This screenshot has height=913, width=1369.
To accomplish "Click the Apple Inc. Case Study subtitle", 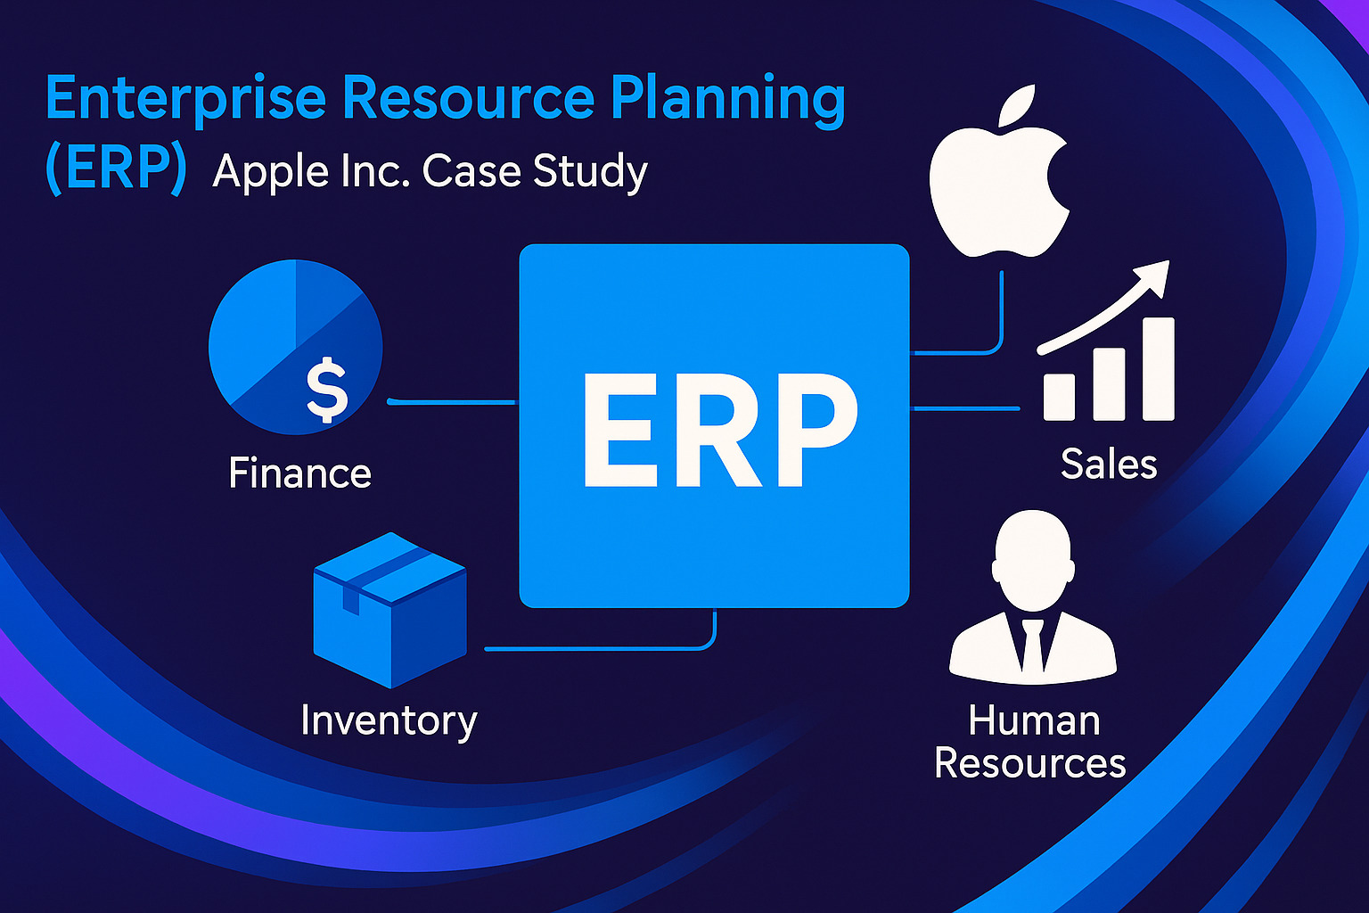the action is point(430,172).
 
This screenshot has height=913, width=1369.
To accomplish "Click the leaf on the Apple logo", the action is point(1017,105).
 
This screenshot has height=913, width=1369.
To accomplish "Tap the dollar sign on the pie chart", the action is point(327,391).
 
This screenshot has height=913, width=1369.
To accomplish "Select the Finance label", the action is point(299,473).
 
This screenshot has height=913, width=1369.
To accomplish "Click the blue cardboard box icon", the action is point(389,610).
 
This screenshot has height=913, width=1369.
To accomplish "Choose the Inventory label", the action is point(389,721).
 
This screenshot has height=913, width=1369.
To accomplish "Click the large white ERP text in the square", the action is point(720,430).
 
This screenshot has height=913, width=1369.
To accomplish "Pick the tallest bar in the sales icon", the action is point(1158,369).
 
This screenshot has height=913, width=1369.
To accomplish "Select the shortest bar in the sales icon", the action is point(1059,398).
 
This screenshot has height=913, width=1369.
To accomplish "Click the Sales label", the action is point(1109,465).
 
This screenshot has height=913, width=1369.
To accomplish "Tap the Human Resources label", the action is point(1030,742).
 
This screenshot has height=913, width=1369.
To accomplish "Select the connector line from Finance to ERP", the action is point(453,402).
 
